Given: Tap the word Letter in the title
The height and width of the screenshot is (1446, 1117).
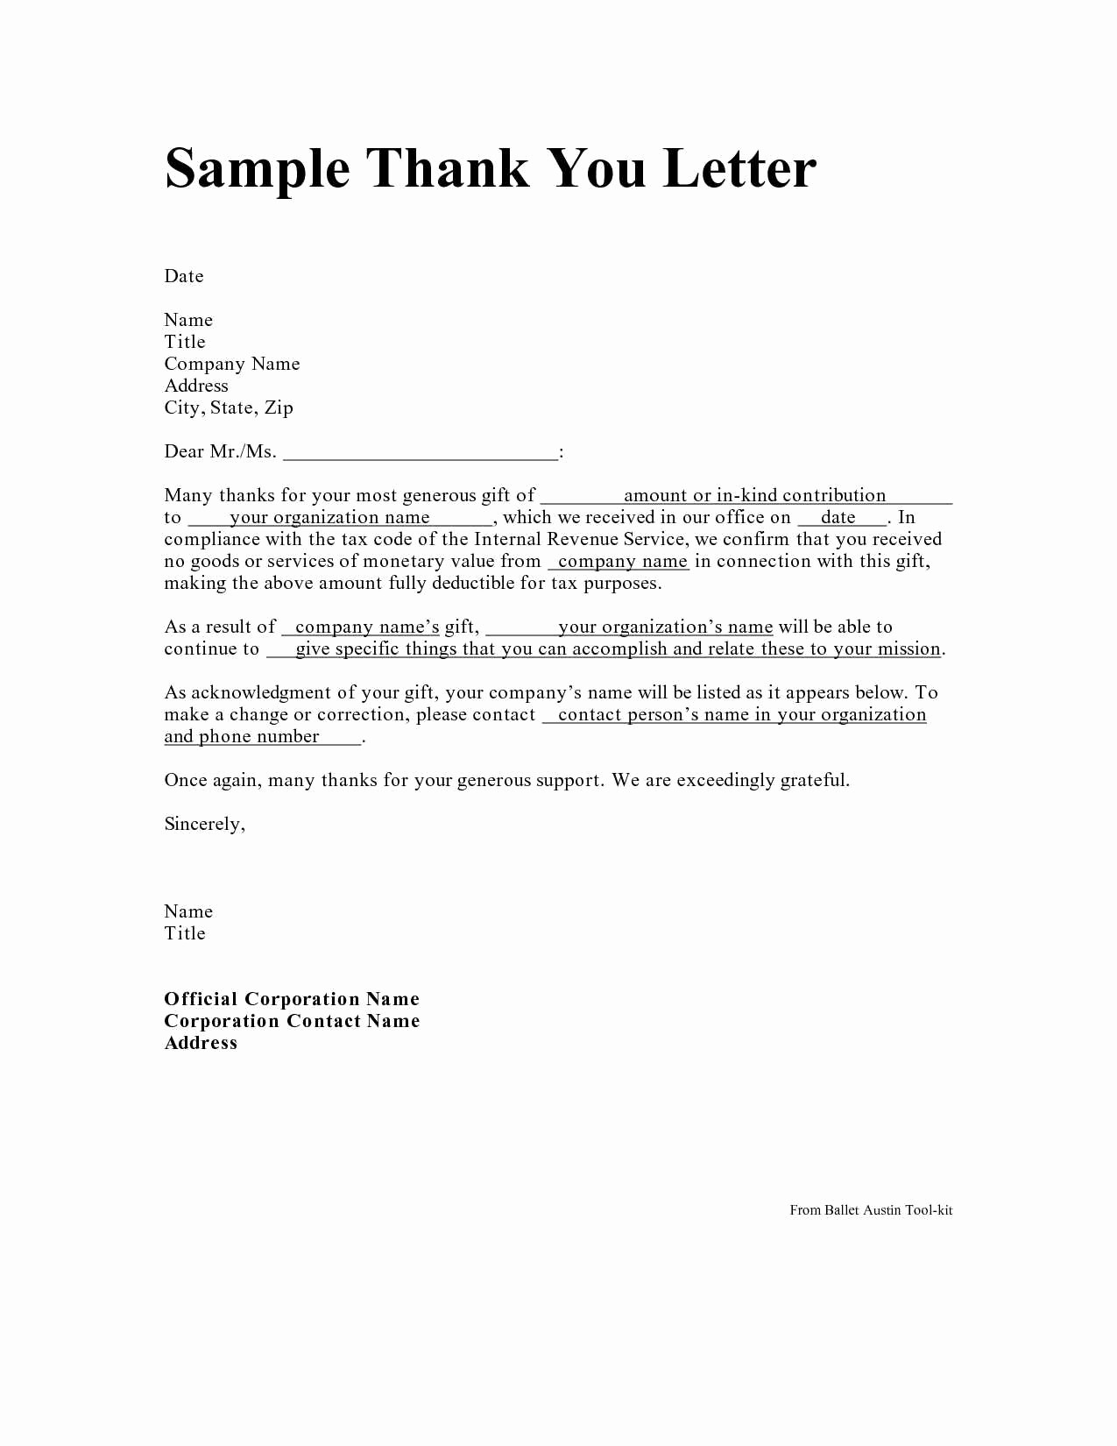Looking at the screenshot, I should click(x=739, y=168).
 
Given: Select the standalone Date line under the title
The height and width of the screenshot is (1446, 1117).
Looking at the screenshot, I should click(x=184, y=276).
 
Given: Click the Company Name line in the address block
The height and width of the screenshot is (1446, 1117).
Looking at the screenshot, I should click(x=232, y=364).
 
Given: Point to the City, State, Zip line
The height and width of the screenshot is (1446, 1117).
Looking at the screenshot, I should click(x=229, y=408).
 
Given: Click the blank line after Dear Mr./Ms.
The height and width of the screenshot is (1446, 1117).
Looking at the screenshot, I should click(x=421, y=453).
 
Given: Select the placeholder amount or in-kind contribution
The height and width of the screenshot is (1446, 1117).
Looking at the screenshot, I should click(x=754, y=495).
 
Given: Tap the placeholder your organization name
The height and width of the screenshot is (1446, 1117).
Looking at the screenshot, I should click(x=329, y=517).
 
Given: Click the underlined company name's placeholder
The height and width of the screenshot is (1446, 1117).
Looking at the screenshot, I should click(x=367, y=627).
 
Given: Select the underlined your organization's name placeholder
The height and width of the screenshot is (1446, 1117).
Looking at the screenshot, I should click(x=665, y=627).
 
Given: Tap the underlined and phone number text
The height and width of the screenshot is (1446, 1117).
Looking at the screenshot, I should click(x=242, y=736).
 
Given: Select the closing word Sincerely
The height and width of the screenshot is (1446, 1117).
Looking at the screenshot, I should click(x=204, y=824).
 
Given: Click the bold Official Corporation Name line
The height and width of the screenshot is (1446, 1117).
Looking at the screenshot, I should click(x=292, y=999).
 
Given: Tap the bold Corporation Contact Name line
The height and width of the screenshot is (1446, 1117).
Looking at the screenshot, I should click(x=292, y=1021).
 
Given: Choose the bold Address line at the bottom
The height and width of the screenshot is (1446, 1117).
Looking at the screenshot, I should click(x=201, y=1043).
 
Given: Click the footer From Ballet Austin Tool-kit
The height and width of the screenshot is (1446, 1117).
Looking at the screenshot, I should click(x=871, y=1210).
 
